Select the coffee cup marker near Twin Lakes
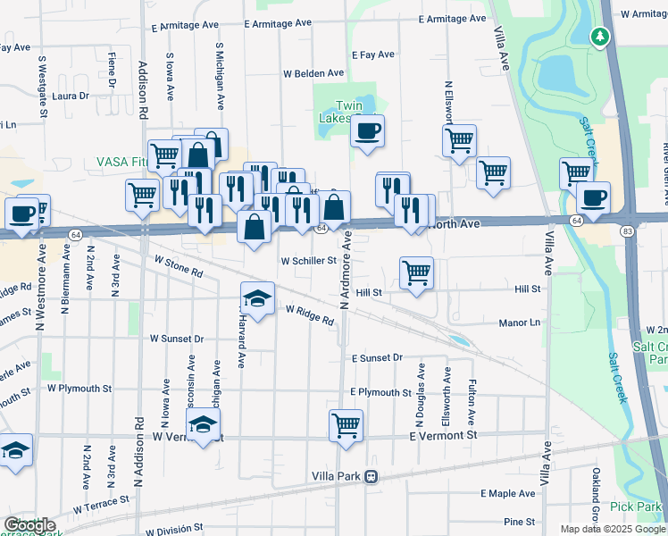[367, 133]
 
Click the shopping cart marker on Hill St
[416, 272]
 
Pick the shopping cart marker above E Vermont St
[346, 425]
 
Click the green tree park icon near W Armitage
[599, 37]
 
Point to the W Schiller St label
[308, 262]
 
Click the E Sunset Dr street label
[377, 357]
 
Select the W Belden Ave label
[313, 73]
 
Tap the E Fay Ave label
[377, 54]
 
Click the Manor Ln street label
[519, 322]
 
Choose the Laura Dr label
[71, 96]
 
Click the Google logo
[29, 525]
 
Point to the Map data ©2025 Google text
[612, 529]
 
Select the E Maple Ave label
[507, 493]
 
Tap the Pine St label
[518, 521]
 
